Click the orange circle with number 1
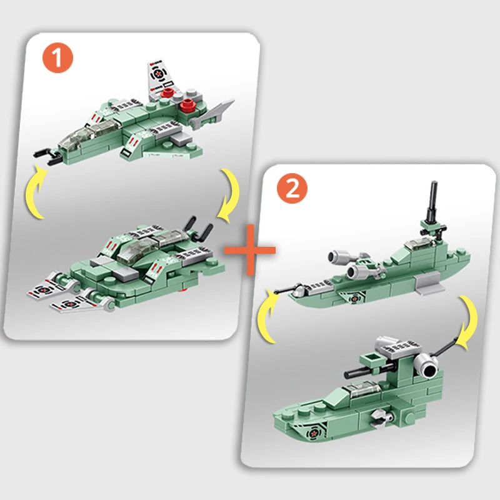pyautogui.click(x=57, y=57)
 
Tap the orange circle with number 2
pyautogui.click(x=292, y=189)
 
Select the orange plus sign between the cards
pyautogui.click(x=250, y=250)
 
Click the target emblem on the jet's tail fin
pyautogui.click(x=157, y=74)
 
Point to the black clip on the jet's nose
pyautogui.click(x=48, y=156)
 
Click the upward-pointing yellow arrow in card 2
pyautogui.click(x=266, y=316)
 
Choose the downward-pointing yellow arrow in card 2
pyautogui.click(x=468, y=322)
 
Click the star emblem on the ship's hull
pyautogui.click(x=353, y=299)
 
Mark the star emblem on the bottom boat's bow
pyautogui.click(x=312, y=433)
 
